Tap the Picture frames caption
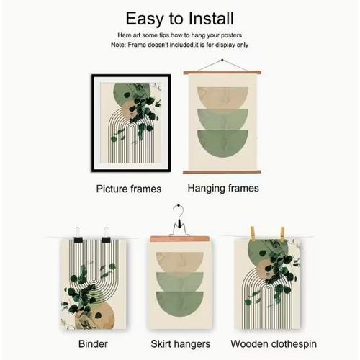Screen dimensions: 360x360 coord(128,189)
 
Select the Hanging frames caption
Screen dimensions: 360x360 coord(223,188)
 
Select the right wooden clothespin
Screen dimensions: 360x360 coord(280,233)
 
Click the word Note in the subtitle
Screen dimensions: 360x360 coord(118,45)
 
